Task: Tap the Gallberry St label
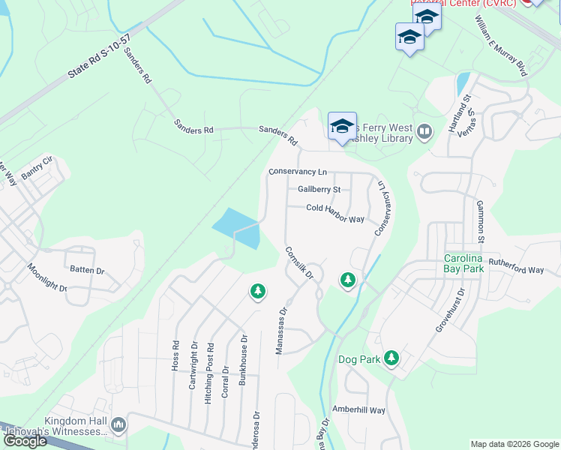(319, 190)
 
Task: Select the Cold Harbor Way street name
(335, 213)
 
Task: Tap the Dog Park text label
(359, 360)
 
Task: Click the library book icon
(424, 133)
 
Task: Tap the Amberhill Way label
(359, 410)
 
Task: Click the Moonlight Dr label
(47, 277)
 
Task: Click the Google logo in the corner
(25, 441)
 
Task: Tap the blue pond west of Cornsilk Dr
(238, 227)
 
